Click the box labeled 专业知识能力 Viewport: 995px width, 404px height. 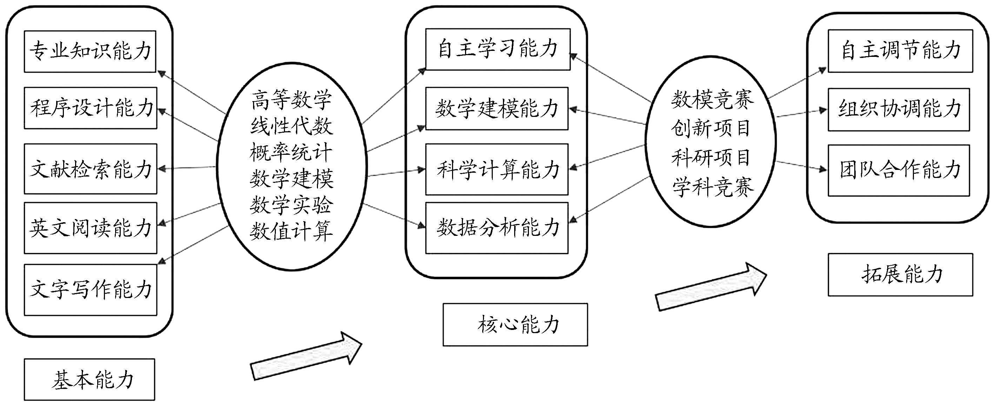point(90,51)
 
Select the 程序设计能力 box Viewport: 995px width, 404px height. point(91,108)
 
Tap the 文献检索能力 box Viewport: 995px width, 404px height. point(91,169)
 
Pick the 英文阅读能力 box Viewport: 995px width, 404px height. point(91,228)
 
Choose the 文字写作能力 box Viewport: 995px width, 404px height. point(91,290)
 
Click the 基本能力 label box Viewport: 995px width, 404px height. point(89,379)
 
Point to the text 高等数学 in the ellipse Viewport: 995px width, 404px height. point(291,99)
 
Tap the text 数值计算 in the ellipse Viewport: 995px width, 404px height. point(291,231)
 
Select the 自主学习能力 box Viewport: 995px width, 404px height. point(498,49)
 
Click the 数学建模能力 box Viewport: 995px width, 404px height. point(497,108)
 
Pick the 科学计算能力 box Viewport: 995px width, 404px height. point(497,169)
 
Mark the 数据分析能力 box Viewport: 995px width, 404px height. point(497,228)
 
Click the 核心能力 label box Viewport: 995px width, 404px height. point(515,324)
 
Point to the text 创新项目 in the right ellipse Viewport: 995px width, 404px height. point(710,128)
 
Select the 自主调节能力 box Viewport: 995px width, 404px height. point(900,51)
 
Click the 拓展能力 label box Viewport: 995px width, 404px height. point(900,274)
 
